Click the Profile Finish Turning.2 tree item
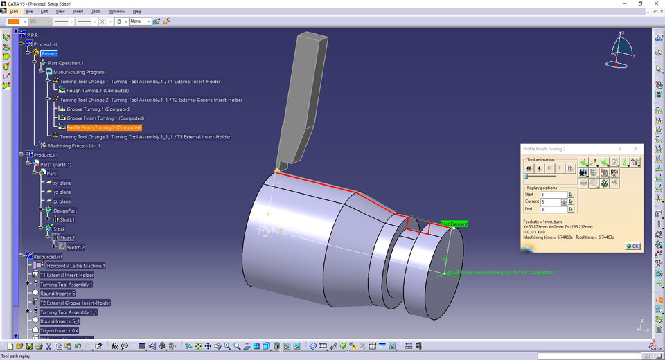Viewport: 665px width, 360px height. [x=103, y=127]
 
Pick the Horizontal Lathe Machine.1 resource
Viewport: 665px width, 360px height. [x=76, y=266]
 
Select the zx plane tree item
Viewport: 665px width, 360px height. [x=62, y=201]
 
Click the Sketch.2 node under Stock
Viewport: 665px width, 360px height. [x=76, y=246]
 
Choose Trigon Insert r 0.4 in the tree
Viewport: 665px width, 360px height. [x=66, y=330]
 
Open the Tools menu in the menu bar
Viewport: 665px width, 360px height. [x=96, y=12]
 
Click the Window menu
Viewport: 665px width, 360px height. [x=117, y=12]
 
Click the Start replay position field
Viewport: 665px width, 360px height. [x=553, y=195]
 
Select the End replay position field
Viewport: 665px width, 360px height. [x=553, y=208]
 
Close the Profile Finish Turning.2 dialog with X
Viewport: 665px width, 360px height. [x=635, y=149]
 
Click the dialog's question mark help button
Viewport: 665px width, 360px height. [x=619, y=149]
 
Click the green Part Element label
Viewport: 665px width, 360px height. [x=454, y=224]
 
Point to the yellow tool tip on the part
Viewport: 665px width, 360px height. [x=277, y=170]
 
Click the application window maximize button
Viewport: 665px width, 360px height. [x=640, y=3]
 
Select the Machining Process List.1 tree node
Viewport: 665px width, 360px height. [x=74, y=146]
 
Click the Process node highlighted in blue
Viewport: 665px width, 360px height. [x=49, y=53]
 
